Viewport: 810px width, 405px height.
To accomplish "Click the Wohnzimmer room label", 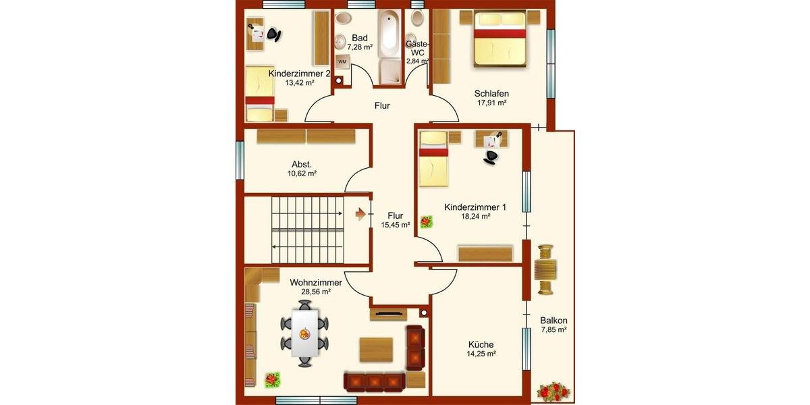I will (316, 282).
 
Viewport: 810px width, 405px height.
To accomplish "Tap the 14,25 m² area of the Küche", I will (481, 354).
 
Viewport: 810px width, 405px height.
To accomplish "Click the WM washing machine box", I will (342, 62).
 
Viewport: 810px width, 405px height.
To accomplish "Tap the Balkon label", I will (553, 321).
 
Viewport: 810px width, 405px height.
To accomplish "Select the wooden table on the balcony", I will (545, 270).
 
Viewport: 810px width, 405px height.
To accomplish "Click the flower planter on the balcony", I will (553, 390).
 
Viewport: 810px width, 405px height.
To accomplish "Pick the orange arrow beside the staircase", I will (361, 214).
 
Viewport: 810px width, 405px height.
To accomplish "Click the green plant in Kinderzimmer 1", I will (426, 221).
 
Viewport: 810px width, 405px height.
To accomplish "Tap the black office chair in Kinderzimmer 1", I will (492, 156).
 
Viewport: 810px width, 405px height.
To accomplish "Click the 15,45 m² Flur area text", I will (395, 225).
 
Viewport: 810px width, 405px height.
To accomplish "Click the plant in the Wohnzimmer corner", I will (272, 379).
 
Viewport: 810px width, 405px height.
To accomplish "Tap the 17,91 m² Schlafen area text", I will (491, 103).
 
